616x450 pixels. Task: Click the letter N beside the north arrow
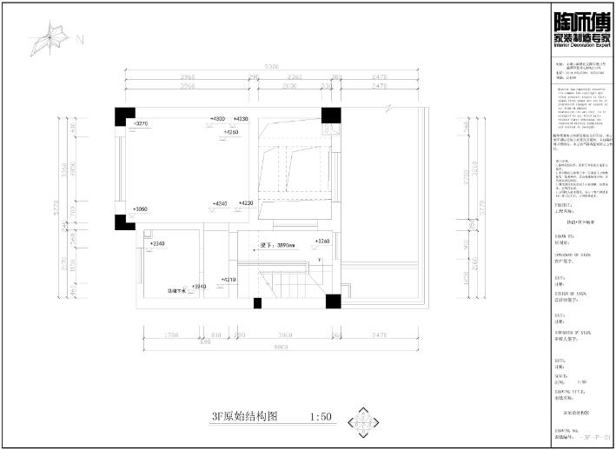coord(80,39)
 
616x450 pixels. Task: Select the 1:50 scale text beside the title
coord(321,417)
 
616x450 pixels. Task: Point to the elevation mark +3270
coord(142,124)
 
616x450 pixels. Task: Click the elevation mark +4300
coord(217,118)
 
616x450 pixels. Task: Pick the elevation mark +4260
coord(231,131)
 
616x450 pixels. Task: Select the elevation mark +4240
coord(219,202)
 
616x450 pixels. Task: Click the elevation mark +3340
coord(156,244)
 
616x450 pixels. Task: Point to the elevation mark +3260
coord(321,241)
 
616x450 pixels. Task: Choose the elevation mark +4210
coord(229,280)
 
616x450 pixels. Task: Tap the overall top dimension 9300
coord(271,66)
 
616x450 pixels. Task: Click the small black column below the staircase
coord(257,303)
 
